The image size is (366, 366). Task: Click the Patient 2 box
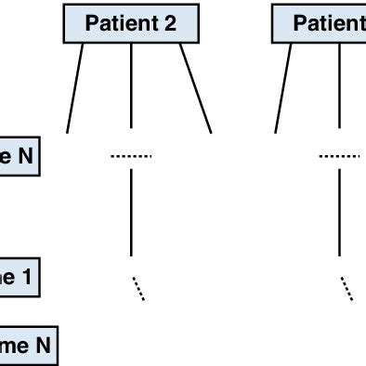(130, 24)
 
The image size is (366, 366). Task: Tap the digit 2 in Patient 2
(170, 24)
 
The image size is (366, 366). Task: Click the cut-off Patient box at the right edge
(320, 24)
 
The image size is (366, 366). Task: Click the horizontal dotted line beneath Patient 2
(131, 156)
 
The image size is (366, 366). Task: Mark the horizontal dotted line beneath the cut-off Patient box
(339, 156)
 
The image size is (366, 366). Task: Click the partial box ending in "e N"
(19, 157)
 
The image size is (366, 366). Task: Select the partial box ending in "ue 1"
(19, 277)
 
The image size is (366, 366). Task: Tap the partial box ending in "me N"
(28, 347)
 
